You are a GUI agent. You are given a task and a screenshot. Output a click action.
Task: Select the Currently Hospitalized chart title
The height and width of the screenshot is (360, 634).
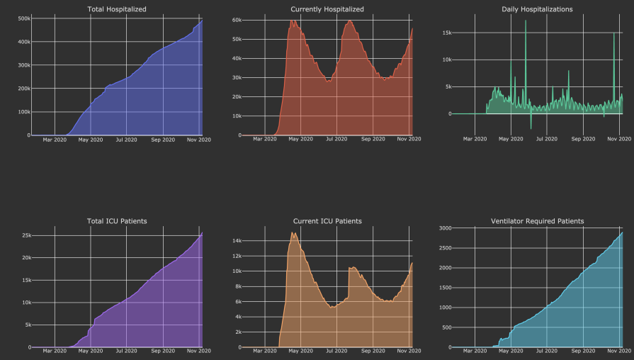[327, 9]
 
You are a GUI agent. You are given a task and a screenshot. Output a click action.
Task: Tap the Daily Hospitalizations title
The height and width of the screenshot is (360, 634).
[537, 9]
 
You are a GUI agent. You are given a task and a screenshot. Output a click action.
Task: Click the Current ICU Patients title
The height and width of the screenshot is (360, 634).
[327, 221]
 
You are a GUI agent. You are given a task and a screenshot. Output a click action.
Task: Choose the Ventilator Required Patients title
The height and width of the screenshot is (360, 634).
[537, 221]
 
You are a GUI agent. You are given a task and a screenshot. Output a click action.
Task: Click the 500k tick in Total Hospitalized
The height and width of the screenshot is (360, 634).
[23, 18]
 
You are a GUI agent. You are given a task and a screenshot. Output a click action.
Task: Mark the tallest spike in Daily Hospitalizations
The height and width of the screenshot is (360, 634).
[526, 21]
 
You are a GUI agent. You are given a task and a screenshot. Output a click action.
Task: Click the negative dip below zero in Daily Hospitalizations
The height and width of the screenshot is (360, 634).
[531, 128]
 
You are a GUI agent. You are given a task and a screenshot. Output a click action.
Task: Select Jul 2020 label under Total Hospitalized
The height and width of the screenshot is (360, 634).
[126, 140]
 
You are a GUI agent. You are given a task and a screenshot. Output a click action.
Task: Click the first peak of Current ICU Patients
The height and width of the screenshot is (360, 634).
[293, 233]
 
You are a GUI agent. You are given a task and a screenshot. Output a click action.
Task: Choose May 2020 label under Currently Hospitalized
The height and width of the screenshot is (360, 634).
[301, 140]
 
